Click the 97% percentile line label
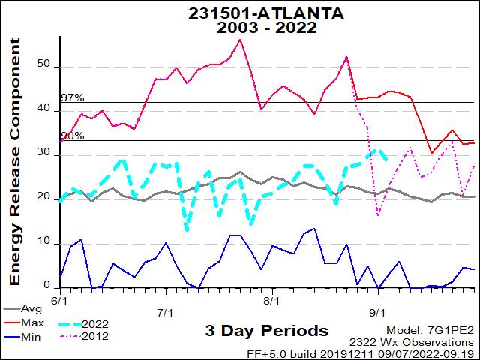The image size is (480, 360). [x=72, y=97]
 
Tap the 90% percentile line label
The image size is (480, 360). [x=72, y=136]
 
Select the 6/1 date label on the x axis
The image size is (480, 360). [x=61, y=298]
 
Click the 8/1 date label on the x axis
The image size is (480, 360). [x=271, y=298]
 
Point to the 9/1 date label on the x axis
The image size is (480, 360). [x=378, y=311]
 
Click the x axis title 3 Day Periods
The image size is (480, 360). [x=266, y=331]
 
